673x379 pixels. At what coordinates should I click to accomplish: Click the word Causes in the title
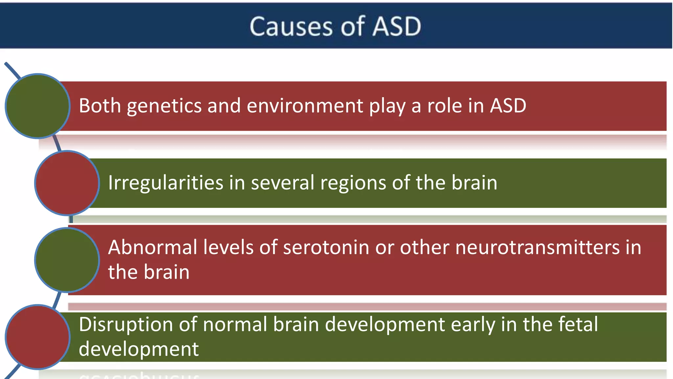coord(291,26)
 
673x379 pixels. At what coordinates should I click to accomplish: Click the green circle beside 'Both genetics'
coord(37,106)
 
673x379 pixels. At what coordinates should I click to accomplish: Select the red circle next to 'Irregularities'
coord(67,183)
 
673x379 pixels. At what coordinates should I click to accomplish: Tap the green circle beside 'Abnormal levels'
coord(67,260)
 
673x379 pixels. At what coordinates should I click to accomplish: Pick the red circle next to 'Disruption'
coord(37,337)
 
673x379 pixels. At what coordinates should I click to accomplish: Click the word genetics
coord(164,106)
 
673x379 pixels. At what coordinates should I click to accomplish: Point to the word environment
coord(305,106)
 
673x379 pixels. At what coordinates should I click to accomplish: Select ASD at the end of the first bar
coord(508,106)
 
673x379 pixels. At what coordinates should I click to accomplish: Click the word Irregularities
coord(166,183)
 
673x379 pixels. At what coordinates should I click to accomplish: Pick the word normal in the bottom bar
coord(235,324)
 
